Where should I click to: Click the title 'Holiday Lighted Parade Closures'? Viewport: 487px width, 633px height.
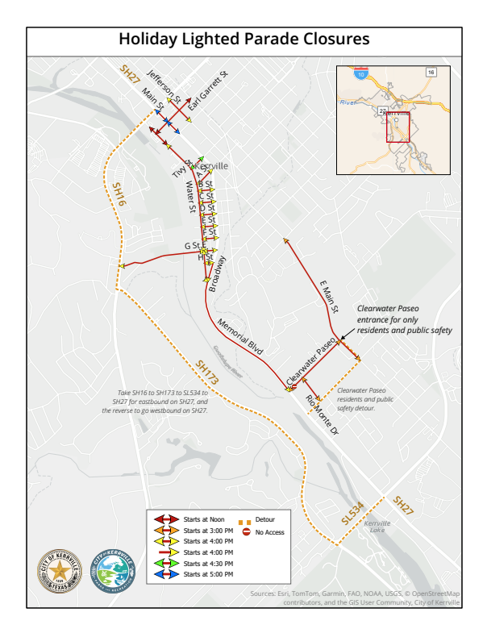243,39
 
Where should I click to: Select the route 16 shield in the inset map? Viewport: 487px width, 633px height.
431,73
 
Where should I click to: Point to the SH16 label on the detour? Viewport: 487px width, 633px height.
119,197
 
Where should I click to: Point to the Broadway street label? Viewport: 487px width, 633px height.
218,273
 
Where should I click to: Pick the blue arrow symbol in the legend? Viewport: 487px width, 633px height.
166,574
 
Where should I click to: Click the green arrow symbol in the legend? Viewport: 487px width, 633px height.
166,563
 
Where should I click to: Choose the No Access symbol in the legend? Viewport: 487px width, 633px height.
247,532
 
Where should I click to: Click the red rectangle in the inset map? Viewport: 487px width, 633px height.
397,127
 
